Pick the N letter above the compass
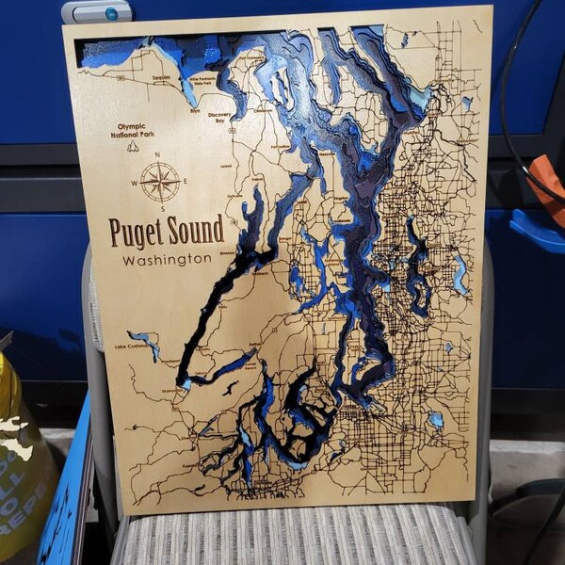[x=158, y=154]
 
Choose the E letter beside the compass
[x=186, y=181]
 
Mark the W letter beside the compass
[x=135, y=182]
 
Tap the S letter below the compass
[x=162, y=207]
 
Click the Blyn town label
[x=196, y=110]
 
